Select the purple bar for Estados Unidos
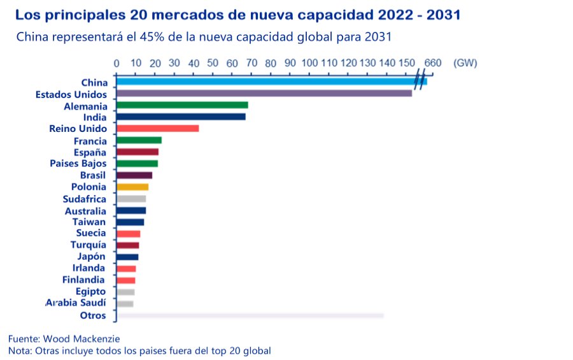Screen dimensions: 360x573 tap(264, 94)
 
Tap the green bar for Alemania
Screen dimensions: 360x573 tap(182, 105)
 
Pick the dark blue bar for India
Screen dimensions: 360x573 tap(181, 117)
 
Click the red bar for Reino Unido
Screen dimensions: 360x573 tap(157, 129)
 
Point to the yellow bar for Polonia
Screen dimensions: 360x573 tap(132, 187)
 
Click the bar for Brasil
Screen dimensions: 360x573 tap(134, 175)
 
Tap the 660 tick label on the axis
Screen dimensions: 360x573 tap(432, 63)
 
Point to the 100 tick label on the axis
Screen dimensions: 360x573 tap(310, 63)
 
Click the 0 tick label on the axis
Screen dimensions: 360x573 tap(117, 63)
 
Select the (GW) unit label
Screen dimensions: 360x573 tap(465, 63)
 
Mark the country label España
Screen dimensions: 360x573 tap(90, 152)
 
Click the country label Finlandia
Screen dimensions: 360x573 tap(84, 280)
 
